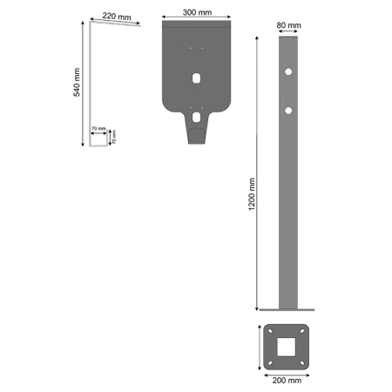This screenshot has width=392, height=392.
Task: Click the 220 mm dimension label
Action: (117, 16)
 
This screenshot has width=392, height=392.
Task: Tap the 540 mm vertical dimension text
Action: (78, 83)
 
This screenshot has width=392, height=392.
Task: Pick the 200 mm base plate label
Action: (287, 380)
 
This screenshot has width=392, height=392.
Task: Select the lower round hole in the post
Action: (287, 111)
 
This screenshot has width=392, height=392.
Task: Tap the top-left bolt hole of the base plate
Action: (269, 332)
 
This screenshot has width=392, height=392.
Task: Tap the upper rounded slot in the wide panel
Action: (198, 78)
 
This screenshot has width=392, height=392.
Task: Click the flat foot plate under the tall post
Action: (287, 308)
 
